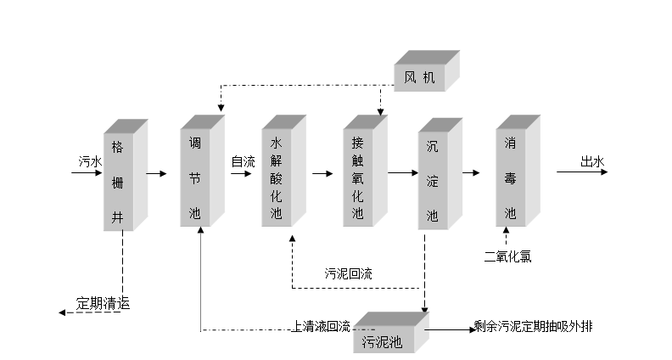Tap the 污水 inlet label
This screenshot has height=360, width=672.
click(x=88, y=161)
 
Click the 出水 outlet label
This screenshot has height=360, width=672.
click(x=591, y=161)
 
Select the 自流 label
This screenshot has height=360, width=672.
click(x=243, y=161)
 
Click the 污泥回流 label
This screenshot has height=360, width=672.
click(x=348, y=274)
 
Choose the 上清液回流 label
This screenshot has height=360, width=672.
click(x=321, y=325)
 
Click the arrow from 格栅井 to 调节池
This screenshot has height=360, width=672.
click(x=156, y=173)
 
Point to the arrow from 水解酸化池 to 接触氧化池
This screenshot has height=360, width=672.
click(x=322, y=173)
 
